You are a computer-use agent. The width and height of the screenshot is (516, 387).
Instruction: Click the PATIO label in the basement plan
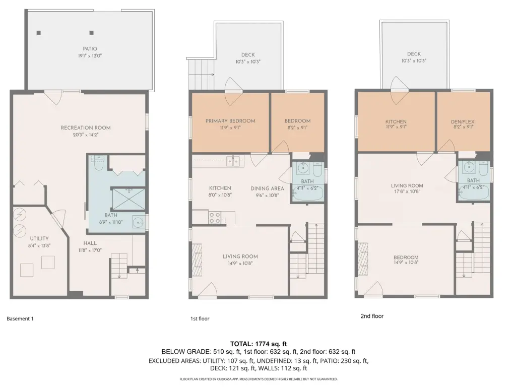(90, 49)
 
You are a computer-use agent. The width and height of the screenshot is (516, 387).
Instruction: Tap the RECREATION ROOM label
(86, 127)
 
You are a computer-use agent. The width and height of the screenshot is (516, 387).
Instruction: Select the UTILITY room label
(39, 238)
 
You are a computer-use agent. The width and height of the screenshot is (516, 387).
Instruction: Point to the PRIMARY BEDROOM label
(230, 121)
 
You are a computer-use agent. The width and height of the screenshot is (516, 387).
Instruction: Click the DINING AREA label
(267, 188)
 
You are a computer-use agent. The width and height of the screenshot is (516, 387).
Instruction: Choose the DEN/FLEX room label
(463, 122)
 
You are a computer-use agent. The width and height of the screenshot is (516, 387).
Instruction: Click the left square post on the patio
(38, 33)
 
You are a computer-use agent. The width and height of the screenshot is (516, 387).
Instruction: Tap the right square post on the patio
(92, 33)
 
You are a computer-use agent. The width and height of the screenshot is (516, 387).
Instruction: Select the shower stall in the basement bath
(129, 199)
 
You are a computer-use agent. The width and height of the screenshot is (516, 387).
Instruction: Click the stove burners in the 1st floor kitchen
(215, 218)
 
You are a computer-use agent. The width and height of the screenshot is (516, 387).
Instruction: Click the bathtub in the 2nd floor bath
(474, 193)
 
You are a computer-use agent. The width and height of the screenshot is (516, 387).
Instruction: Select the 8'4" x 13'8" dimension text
(39, 245)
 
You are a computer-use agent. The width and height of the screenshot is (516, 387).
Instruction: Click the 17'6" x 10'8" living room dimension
(407, 191)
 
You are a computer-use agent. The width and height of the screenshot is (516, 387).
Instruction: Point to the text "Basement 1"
(20, 318)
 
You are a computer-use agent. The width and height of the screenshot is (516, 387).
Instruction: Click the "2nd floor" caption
(372, 316)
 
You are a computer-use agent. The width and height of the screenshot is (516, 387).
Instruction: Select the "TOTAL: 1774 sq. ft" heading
(259, 344)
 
